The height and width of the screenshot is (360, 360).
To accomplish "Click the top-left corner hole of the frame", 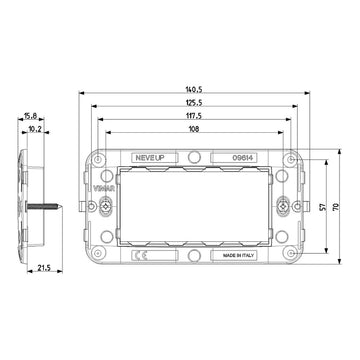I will pyautogui.click(x=100, y=157).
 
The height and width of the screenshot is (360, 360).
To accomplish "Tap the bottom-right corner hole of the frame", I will pyautogui.click(x=288, y=256).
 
